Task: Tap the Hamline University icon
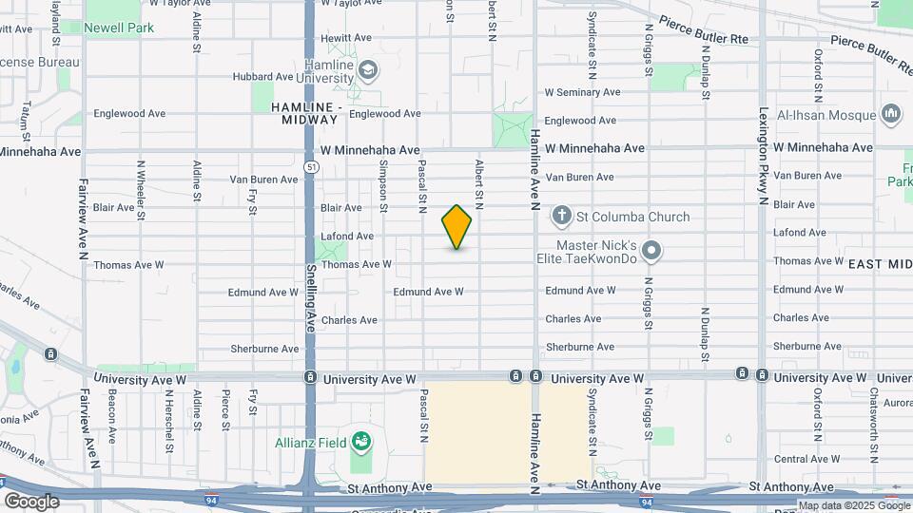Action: [x=368, y=69]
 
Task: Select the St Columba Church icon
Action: [x=562, y=217]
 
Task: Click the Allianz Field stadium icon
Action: [x=360, y=441]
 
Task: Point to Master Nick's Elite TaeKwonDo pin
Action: [x=651, y=252]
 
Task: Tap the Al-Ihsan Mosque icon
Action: [x=891, y=115]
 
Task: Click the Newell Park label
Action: [x=119, y=28]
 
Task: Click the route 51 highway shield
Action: [x=312, y=166]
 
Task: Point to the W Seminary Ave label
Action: [x=582, y=92]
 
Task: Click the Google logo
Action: [x=31, y=501]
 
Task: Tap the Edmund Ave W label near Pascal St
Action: [x=428, y=292]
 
